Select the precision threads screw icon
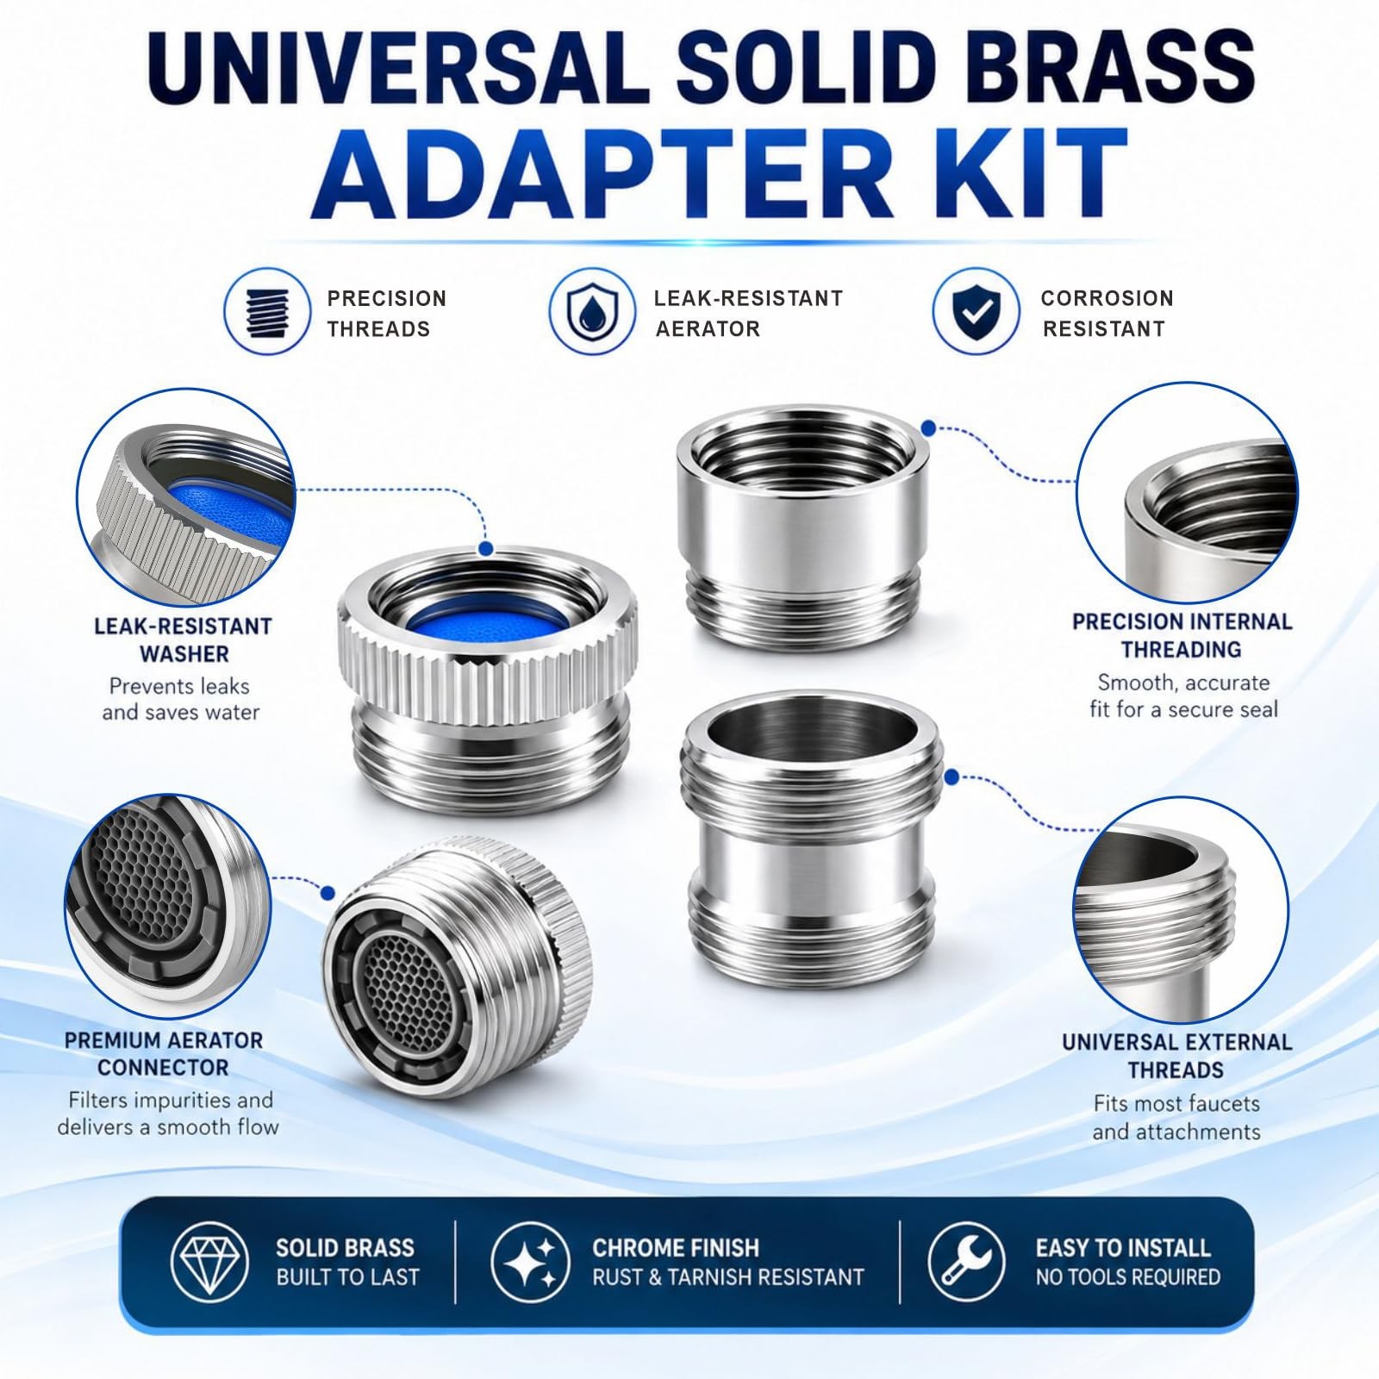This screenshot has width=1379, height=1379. (x=266, y=311)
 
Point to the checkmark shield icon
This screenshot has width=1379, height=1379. (x=975, y=311)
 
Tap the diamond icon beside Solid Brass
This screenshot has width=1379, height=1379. (x=210, y=1261)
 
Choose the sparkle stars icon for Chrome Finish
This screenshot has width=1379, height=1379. (x=530, y=1261)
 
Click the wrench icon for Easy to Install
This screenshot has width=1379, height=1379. (x=966, y=1261)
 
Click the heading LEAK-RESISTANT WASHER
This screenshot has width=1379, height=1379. (x=184, y=640)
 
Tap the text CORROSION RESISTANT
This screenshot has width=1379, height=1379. (x=1107, y=314)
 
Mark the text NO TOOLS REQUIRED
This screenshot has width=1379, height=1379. (x=1128, y=1276)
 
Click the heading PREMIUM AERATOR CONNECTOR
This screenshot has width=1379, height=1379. (x=164, y=1053)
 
